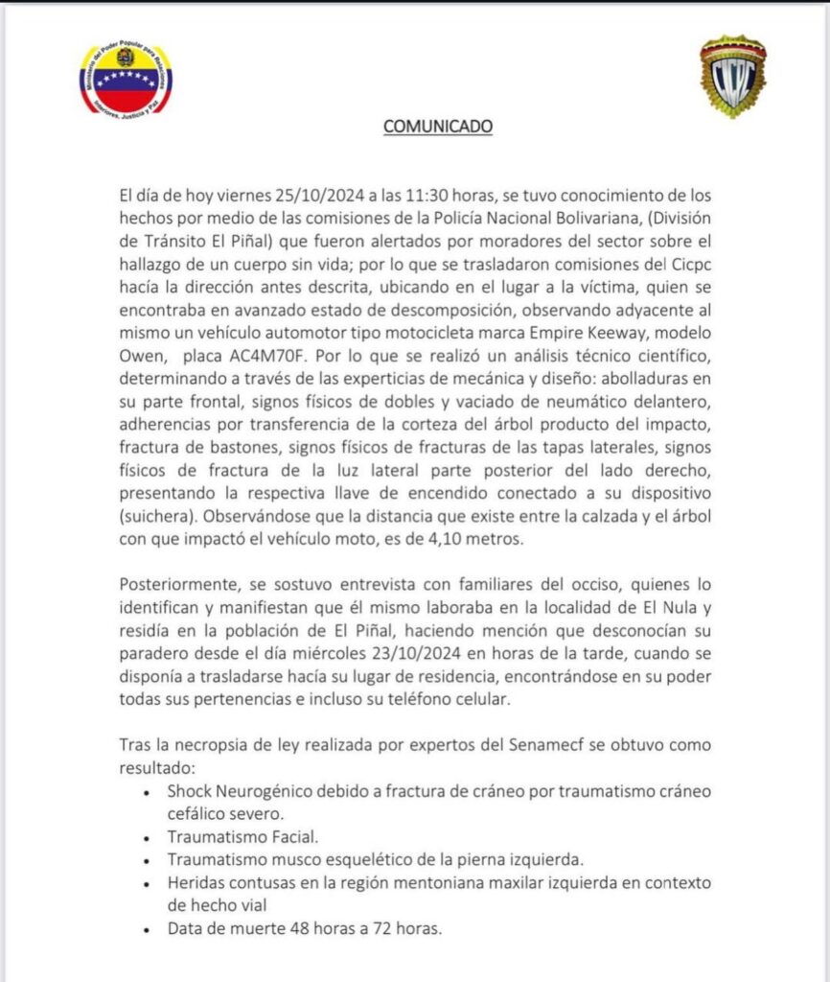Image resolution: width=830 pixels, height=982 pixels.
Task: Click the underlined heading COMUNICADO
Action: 438,126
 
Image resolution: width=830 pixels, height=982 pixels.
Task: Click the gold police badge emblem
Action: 733,76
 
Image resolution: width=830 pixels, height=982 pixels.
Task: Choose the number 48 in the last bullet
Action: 294,928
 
